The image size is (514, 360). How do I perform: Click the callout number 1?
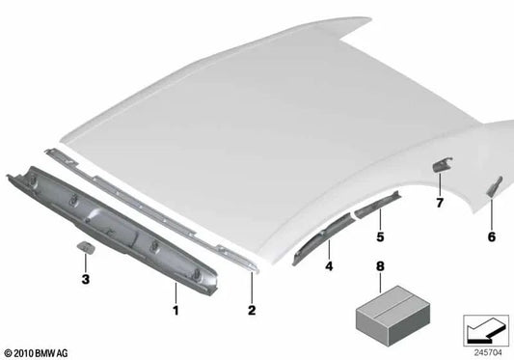point(176,310)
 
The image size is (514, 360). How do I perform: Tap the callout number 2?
point(252,310)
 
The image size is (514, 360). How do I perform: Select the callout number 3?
point(85,280)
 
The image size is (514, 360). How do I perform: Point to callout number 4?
point(329,266)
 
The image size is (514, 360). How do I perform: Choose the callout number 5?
point(380,236)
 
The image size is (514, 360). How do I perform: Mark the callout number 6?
point(492,236)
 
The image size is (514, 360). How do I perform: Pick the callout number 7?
point(440,203)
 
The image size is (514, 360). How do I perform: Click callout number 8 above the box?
point(380,266)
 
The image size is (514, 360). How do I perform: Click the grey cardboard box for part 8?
point(392,316)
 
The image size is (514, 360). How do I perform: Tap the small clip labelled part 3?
point(87,247)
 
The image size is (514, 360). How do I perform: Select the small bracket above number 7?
point(443,164)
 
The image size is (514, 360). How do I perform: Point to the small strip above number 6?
point(495,187)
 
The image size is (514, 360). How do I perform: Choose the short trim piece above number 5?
point(378,206)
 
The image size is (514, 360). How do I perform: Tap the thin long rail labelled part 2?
point(150,210)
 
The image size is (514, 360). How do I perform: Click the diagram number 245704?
point(488,353)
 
